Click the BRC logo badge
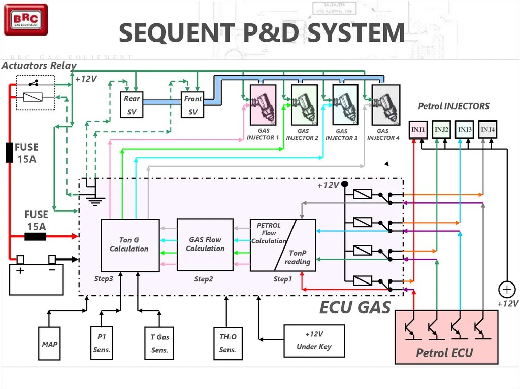click(x=26, y=20)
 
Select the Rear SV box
click(x=132, y=104)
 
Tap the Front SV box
click(x=192, y=104)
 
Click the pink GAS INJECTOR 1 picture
click(x=263, y=105)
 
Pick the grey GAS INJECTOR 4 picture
click(x=386, y=105)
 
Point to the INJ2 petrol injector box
click(x=441, y=129)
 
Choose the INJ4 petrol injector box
click(x=487, y=129)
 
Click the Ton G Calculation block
click(x=130, y=245)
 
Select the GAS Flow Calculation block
click(x=205, y=244)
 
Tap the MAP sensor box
click(x=49, y=343)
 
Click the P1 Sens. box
click(x=102, y=343)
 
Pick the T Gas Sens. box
click(x=159, y=343)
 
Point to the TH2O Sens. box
click(x=228, y=343)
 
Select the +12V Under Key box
click(x=314, y=341)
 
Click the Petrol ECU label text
click(x=444, y=353)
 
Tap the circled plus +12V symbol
click(x=507, y=290)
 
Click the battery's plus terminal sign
click(x=20, y=271)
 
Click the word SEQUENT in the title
click(x=177, y=33)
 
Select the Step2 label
click(x=203, y=279)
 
